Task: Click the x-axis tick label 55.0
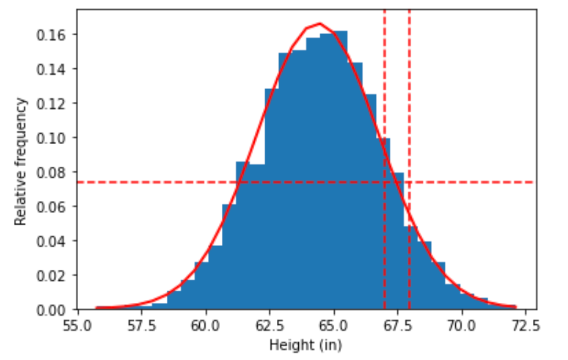pyautogui.click(x=79, y=326)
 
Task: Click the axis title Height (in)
pyautogui.click(x=305, y=345)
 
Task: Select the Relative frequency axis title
pyautogui.click(x=21, y=161)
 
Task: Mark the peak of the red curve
pyautogui.click(x=320, y=24)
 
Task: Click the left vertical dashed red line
pyautogui.click(x=384, y=110)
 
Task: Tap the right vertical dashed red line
pyautogui.click(x=409, y=110)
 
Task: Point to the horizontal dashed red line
pyautogui.click(x=165, y=182)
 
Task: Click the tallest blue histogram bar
pyautogui.click(x=340, y=165)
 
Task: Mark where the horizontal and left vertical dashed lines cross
pyautogui.click(x=384, y=182)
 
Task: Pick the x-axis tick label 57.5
pyautogui.click(x=143, y=326)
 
